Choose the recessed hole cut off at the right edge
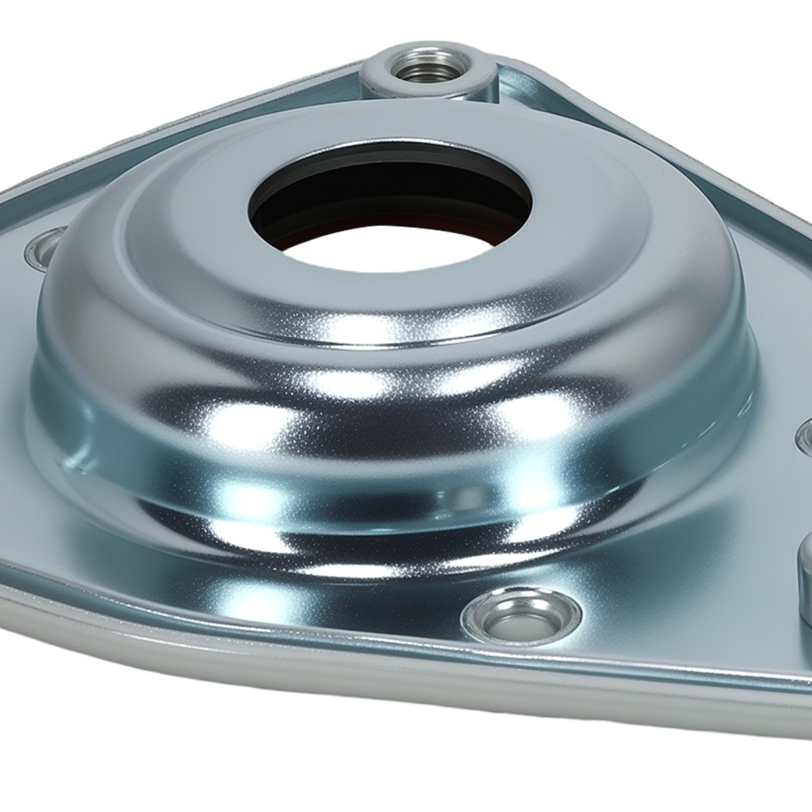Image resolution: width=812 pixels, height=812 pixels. click(x=805, y=438)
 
